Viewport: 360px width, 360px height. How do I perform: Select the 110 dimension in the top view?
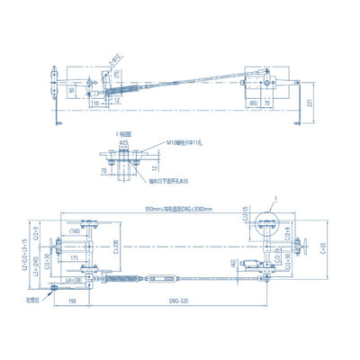coord(94,103)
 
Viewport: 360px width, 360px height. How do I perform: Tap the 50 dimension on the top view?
coord(73,90)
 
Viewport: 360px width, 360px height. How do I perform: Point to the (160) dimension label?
coord(75,231)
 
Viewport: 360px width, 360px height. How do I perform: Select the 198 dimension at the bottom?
coord(71,301)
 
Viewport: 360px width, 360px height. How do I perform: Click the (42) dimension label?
coord(232,263)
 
